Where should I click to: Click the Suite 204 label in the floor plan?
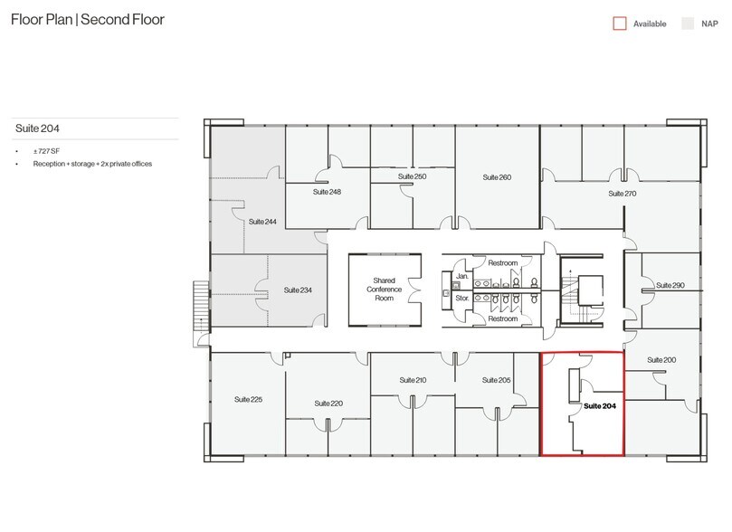click(600, 406)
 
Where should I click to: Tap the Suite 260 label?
click(497, 177)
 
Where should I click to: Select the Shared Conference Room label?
click(385, 290)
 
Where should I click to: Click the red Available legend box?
click(620, 24)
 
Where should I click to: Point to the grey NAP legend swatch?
click(688, 24)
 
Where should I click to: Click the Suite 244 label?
click(262, 222)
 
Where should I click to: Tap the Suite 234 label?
click(298, 290)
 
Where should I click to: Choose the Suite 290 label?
click(670, 285)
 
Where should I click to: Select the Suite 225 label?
click(248, 400)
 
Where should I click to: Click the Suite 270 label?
click(623, 194)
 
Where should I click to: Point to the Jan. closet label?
click(462, 276)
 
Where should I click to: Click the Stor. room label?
click(462, 298)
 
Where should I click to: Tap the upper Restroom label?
click(503, 263)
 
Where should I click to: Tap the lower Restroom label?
click(503, 318)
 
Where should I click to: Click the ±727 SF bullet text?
click(46, 151)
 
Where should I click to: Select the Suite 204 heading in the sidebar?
click(37, 128)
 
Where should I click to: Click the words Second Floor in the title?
click(123, 20)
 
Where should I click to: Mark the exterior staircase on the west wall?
click(201, 304)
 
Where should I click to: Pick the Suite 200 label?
click(661, 360)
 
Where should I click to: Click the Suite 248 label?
click(327, 192)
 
